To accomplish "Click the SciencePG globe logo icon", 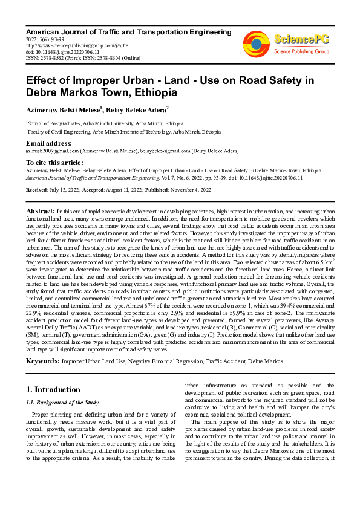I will pyautogui.click(x=256, y=43).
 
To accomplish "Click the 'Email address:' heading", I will pyautogui.click(x=48, y=143).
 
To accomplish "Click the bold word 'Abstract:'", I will pyautogui.click(x=41, y=210).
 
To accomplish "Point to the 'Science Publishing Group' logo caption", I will pyautogui.click(x=301, y=52).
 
